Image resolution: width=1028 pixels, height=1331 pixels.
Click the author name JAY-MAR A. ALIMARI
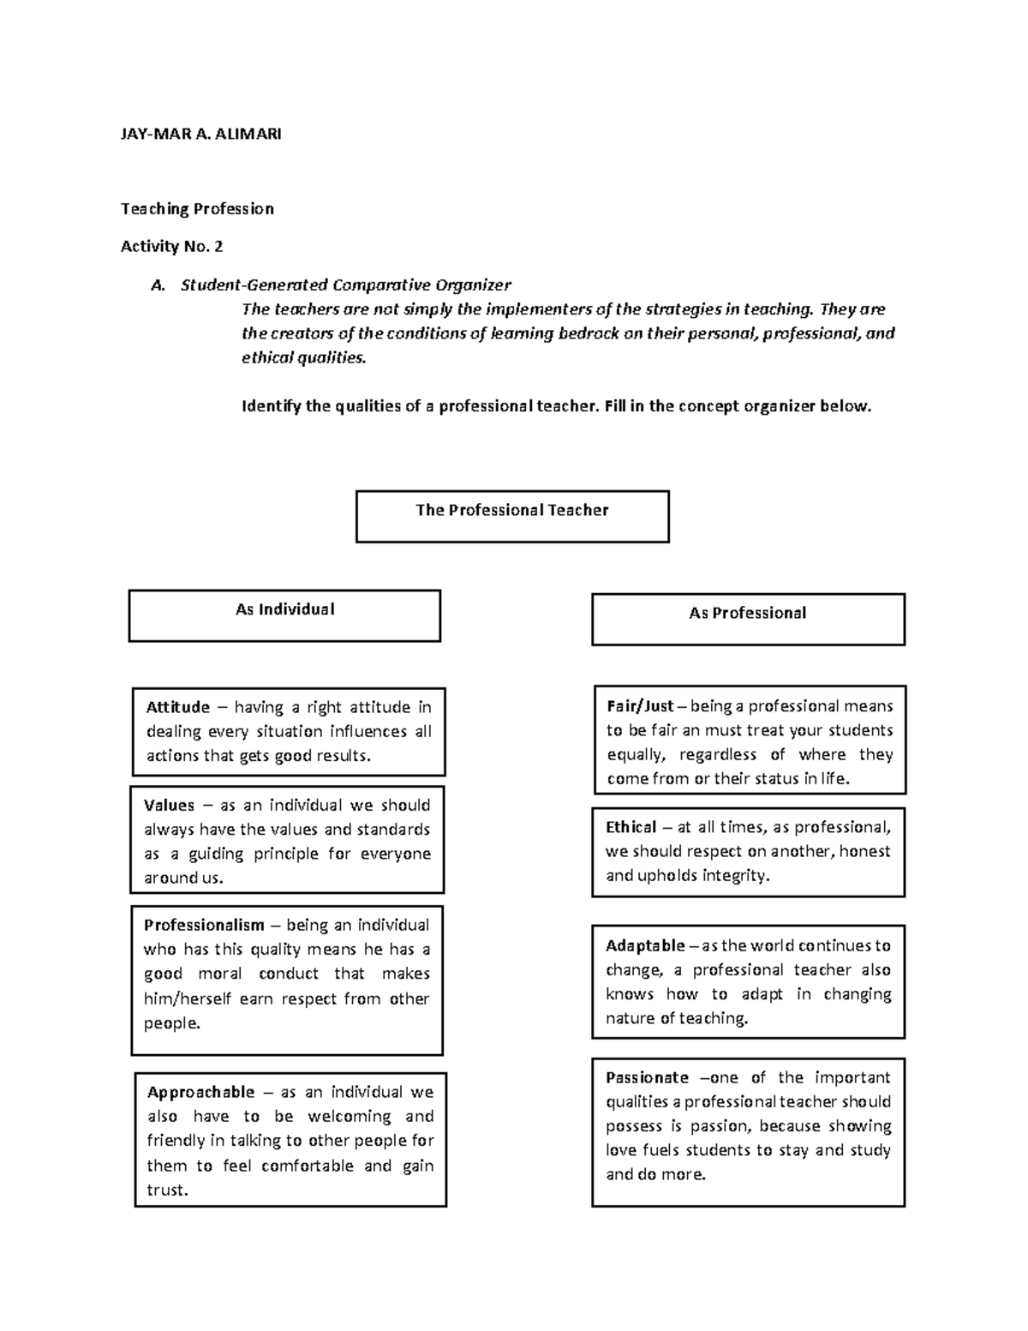click(200, 134)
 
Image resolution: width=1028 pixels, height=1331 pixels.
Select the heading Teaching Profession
click(197, 208)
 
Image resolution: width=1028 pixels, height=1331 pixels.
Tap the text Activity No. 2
click(171, 247)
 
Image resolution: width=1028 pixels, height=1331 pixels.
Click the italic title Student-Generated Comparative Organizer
click(345, 285)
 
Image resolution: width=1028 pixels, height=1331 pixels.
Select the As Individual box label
click(284, 609)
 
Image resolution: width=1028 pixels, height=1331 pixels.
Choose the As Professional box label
click(747, 613)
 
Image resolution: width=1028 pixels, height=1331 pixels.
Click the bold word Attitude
click(177, 707)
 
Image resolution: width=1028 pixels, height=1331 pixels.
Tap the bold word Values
click(169, 805)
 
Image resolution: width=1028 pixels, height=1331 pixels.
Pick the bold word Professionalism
click(204, 925)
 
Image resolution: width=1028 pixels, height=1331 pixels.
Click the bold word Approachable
click(200, 1092)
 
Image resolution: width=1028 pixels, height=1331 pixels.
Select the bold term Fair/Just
click(640, 706)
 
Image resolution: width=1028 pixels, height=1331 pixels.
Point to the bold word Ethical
click(631, 827)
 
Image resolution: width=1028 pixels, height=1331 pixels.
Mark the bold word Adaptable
click(645, 945)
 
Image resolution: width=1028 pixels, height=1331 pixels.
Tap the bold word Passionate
click(647, 1077)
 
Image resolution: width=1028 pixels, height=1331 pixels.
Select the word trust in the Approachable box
click(166, 1190)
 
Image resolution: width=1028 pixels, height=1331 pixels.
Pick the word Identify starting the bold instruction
click(272, 406)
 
